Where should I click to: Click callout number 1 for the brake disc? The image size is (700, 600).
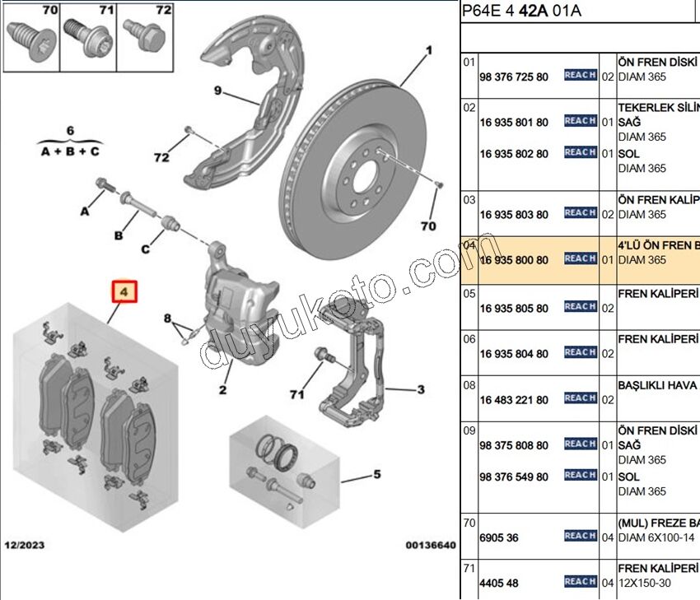[428, 51]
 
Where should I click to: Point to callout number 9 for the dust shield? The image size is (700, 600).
[218, 91]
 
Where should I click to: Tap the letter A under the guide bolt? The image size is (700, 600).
[83, 212]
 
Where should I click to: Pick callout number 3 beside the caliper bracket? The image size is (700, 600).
[420, 389]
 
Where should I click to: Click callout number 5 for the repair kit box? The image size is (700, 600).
[376, 474]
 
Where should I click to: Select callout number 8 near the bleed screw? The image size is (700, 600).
[167, 318]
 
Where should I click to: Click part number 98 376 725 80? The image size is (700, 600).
[513, 77]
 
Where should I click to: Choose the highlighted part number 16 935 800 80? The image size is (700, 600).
[513, 260]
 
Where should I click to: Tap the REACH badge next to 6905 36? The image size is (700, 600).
[580, 536]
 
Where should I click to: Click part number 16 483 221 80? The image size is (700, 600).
[513, 400]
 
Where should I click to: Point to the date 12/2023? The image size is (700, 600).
[26, 545]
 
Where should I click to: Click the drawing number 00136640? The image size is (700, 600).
[429, 545]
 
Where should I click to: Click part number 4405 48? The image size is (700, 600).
[499, 584]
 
